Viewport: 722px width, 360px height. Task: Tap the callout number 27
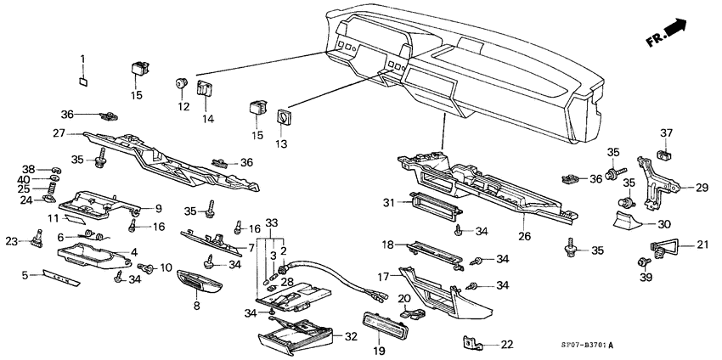pos(59,132)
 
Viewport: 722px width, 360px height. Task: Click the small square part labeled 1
pos(83,82)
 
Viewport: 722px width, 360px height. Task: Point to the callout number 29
pos(702,188)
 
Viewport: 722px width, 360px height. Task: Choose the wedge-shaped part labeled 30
pos(628,222)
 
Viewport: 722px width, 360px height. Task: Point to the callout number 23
pos(11,240)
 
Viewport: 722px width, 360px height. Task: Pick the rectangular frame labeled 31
pos(435,200)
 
